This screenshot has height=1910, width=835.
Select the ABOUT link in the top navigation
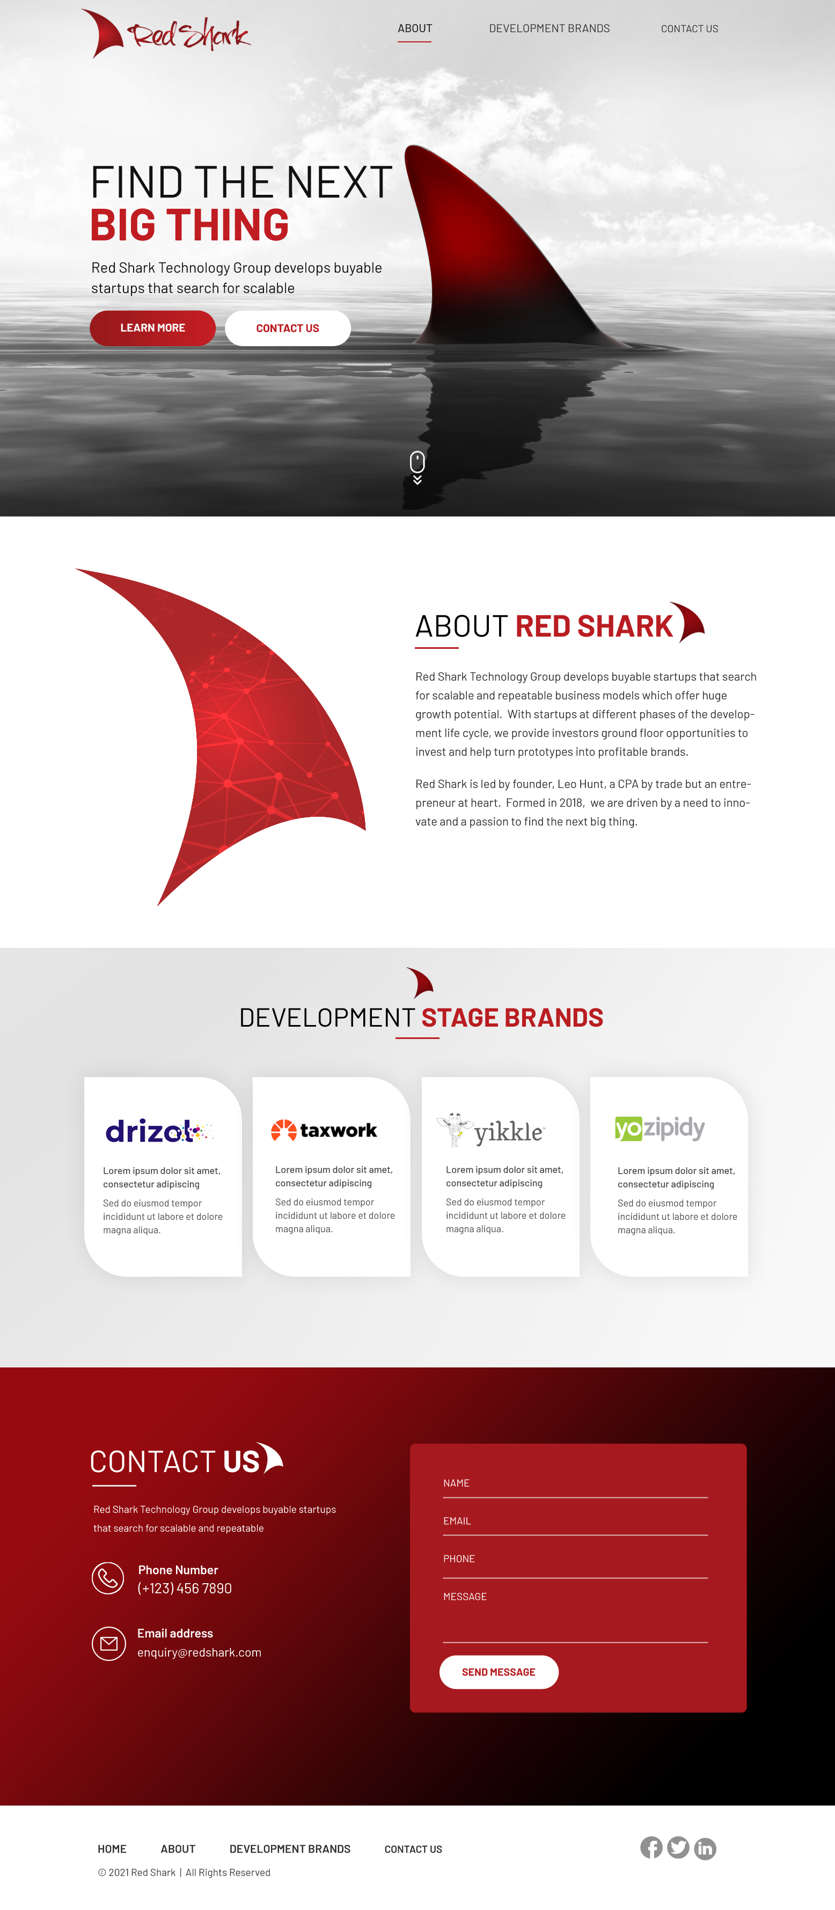(414, 29)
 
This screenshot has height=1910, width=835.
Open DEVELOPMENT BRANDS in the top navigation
(549, 29)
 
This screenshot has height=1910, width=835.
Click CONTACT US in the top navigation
(689, 29)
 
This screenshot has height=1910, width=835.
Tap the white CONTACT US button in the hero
(288, 328)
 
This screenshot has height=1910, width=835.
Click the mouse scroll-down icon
(417, 466)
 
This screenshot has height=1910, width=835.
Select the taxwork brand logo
(324, 1130)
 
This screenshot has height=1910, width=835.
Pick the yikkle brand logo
(491, 1131)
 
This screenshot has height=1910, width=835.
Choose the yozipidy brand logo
(659, 1128)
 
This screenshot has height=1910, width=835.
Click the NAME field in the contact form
(575, 1484)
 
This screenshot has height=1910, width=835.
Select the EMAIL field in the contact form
(575, 1521)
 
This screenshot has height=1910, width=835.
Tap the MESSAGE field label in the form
(465, 1597)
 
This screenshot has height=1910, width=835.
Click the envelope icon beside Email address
(108, 1643)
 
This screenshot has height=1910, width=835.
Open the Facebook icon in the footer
(651, 1847)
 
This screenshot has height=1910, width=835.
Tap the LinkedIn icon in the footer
(705, 1848)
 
